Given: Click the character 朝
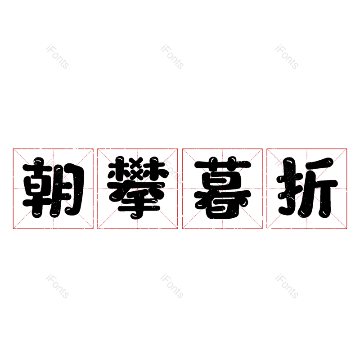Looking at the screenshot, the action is pyautogui.click(x=54, y=188).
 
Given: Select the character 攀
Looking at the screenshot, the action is pyautogui.click(x=137, y=188).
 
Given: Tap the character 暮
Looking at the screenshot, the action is pyautogui.click(x=222, y=188).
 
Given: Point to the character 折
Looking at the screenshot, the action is pyautogui.click(x=307, y=188).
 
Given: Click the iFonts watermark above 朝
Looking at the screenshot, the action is pyautogui.click(x=58, y=57).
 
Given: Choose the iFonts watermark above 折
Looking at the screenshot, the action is pyautogui.click(x=287, y=57).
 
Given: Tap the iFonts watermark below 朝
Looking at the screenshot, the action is pyautogui.click(x=58, y=286).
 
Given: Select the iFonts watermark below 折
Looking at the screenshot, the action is pyautogui.click(x=287, y=286).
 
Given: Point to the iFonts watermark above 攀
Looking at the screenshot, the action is pyautogui.click(x=172, y=57).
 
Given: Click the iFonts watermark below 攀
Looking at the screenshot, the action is pyautogui.click(x=172, y=286).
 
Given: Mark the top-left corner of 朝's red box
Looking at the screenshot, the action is pyautogui.click(x=13, y=149).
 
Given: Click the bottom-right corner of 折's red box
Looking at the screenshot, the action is pyautogui.click(x=346, y=229).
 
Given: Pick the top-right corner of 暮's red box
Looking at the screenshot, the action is pyautogui.click(x=262, y=149).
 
